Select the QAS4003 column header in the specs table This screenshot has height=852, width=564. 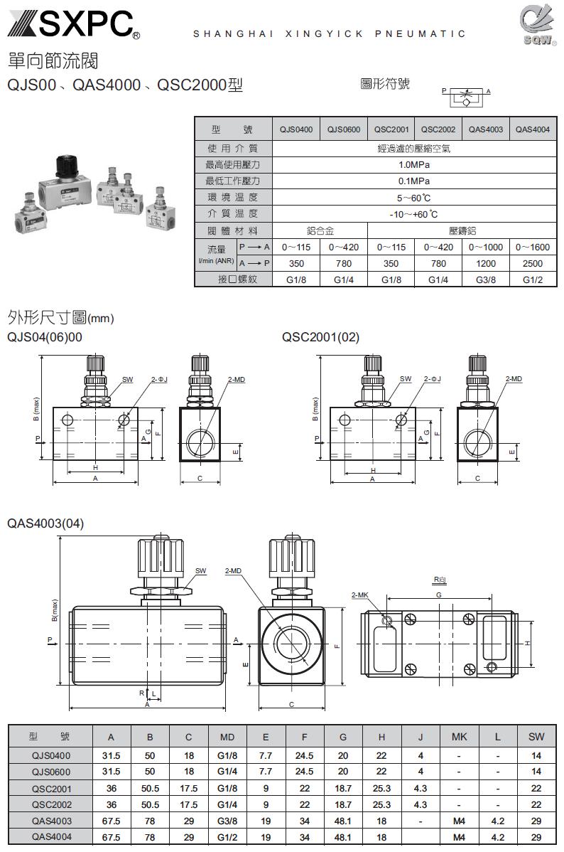pos(486,129)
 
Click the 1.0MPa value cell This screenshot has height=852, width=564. pos(414,165)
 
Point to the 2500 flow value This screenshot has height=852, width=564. pos(532,263)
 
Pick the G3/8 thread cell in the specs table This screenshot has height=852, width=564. pos(486,280)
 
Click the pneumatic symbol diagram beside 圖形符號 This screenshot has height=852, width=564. pos(466,97)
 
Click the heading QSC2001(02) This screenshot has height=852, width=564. pos(320,337)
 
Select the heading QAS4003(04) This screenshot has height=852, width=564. pos(45,523)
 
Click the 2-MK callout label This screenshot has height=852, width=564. pos(360,594)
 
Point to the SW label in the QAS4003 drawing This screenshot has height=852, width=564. pos(200,570)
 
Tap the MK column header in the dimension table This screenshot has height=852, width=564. pos(459,737)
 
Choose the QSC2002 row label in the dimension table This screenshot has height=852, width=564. pos(51,805)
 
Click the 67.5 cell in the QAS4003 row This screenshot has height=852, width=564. pos(111,821)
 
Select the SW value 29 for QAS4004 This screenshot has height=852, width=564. pos(536,837)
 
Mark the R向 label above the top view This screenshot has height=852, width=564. pos(440,580)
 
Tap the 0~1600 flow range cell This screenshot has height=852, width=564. pos(532,247)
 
